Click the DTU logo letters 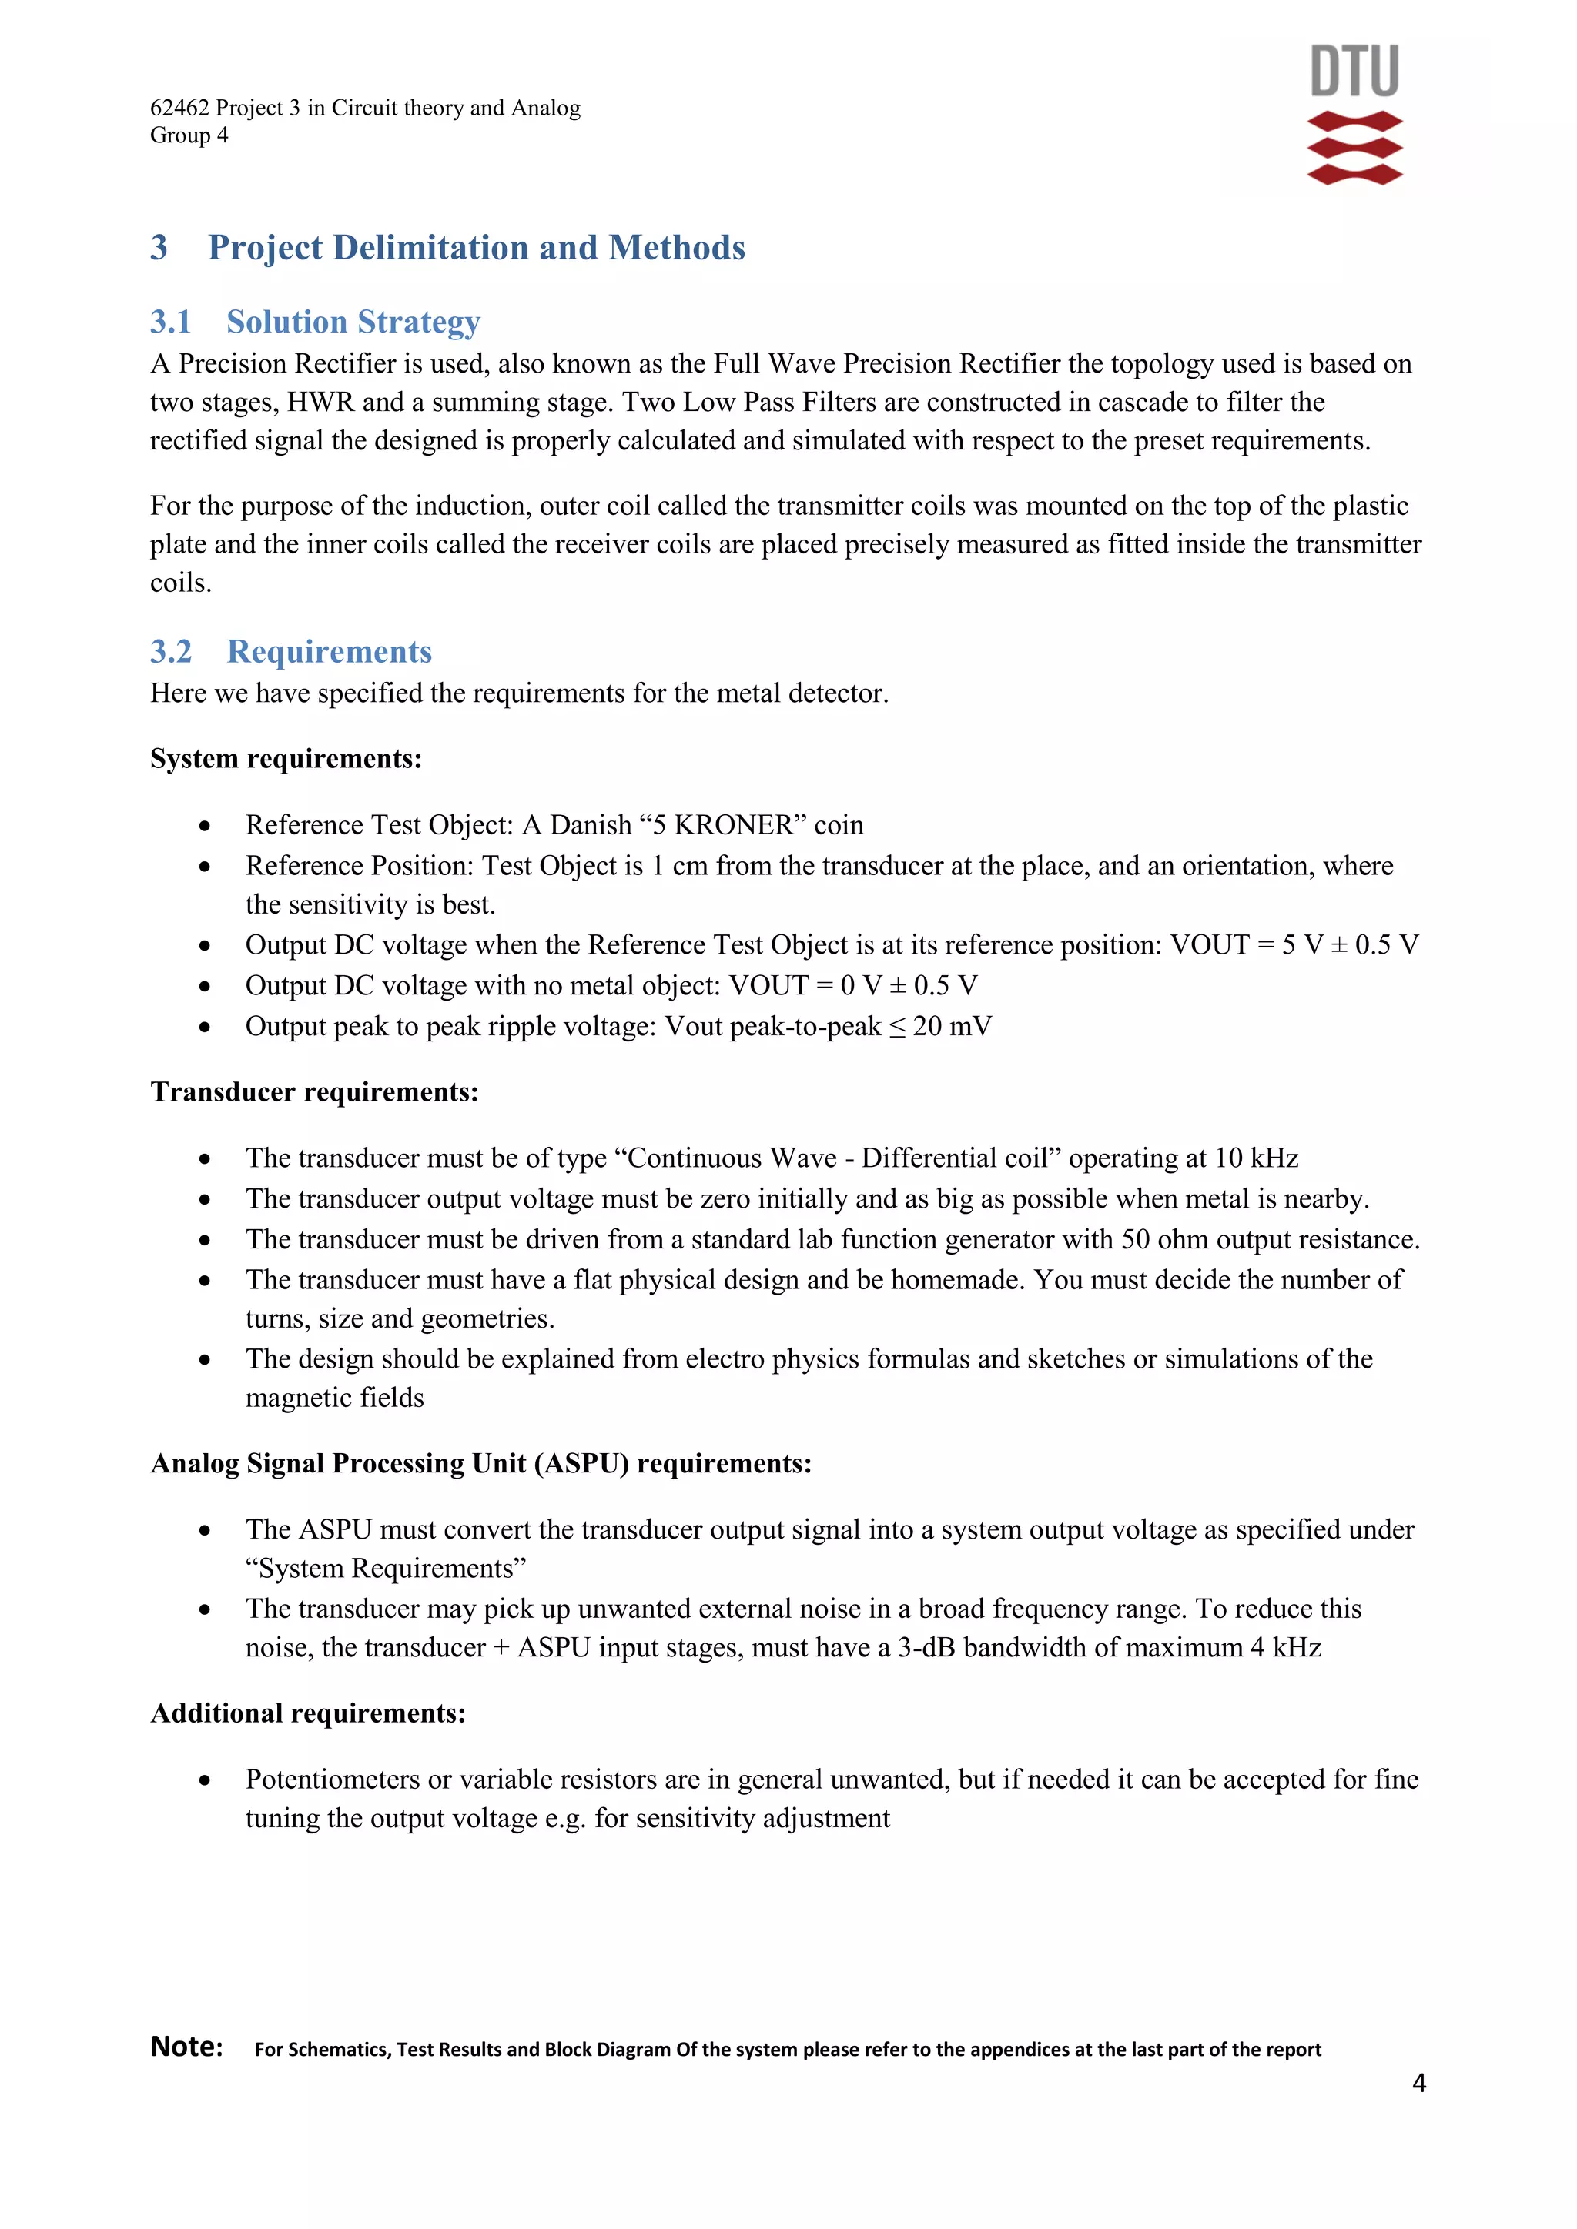pyautogui.click(x=1354, y=71)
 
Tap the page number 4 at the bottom pyautogui.click(x=1418, y=2083)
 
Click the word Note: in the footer pyautogui.click(x=186, y=2047)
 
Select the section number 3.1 pyautogui.click(x=171, y=321)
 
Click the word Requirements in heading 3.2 pyautogui.click(x=330, y=651)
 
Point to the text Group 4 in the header pyautogui.click(x=189, y=135)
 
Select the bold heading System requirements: pyautogui.click(x=286, y=758)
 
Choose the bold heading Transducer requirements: pyautogui.click(x=313, y=1092)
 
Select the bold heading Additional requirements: pyautogui.click(x=308, y=1713)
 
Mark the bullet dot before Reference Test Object pyautogui.click(x=204, y=826)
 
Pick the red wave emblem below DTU pyautogui.click(x=1354, y=149)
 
